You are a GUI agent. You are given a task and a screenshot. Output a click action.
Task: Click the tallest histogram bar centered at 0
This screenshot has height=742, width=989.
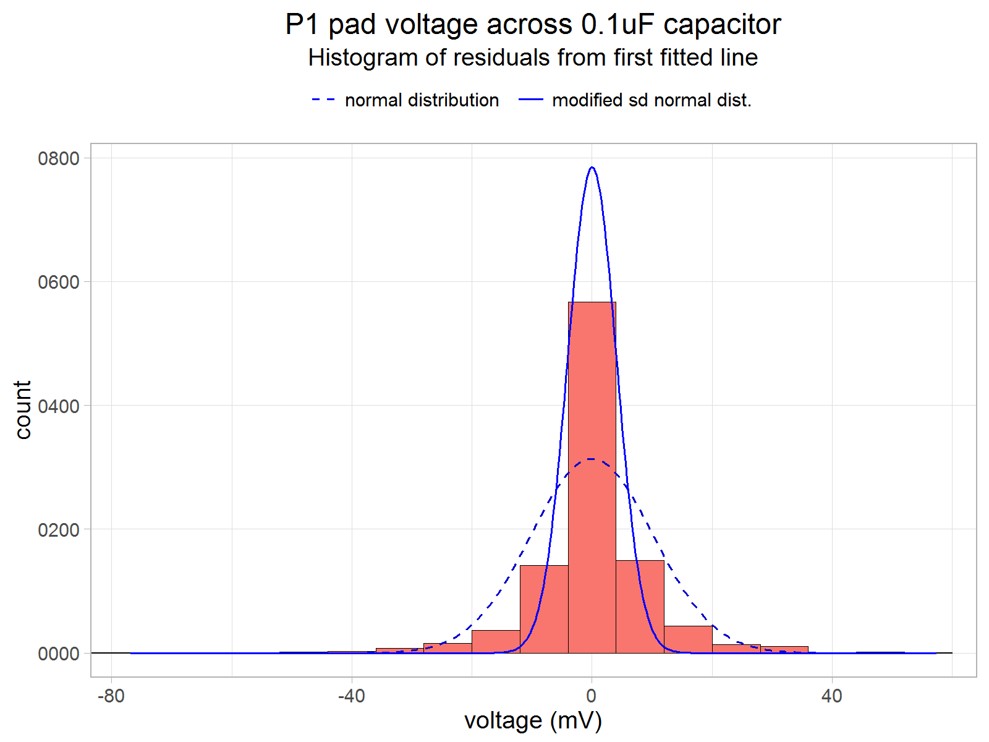tap(592, 476)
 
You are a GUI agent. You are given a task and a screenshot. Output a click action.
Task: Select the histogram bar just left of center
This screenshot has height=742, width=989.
tap(543, 609)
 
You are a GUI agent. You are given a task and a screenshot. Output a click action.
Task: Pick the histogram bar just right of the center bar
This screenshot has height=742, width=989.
tap(640, 606)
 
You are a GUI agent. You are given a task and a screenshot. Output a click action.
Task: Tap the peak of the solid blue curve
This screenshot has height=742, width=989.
tap(592, 168)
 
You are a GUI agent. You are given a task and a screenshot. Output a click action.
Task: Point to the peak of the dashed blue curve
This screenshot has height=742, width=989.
tap(592, 459)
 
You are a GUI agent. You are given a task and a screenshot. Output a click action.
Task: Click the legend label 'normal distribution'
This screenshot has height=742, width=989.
tap(422, 100)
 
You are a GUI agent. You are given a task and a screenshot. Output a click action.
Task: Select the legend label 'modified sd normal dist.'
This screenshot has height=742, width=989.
tap(652, 100)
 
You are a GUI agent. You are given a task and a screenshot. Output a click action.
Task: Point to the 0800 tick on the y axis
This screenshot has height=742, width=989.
tap(59, 158)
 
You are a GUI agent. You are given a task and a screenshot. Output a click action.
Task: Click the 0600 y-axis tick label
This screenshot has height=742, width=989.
tap(59, 282)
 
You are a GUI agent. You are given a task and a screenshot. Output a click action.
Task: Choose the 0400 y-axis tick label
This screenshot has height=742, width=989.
tap(59, 406)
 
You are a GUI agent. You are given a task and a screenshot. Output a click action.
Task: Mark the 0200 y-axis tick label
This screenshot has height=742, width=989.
tap(59, 530)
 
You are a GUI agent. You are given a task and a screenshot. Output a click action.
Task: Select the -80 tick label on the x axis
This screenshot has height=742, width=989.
tap(111, 696)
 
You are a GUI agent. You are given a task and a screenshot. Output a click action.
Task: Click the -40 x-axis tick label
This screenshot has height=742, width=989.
tap(351, 696)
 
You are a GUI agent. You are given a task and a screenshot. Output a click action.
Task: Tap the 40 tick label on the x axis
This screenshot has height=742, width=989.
tap(832, 696)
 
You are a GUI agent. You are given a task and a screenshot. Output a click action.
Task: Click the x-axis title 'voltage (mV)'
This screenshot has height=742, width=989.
tap(533, 720)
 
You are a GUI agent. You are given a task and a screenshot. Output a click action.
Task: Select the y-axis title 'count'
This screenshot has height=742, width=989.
tap(23, 410)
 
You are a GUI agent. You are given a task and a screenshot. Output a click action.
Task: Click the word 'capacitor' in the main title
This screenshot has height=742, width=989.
tap(722, 25)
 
